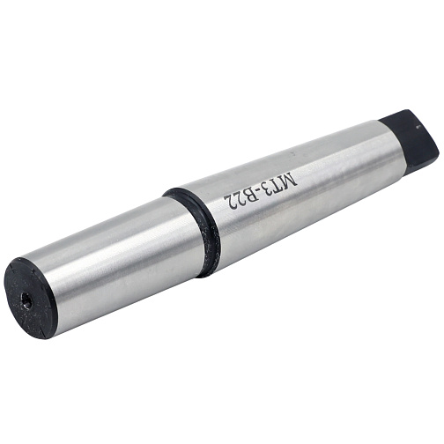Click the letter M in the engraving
coord(289,179)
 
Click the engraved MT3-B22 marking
coord(261,191)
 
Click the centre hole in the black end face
coord(27,303)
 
